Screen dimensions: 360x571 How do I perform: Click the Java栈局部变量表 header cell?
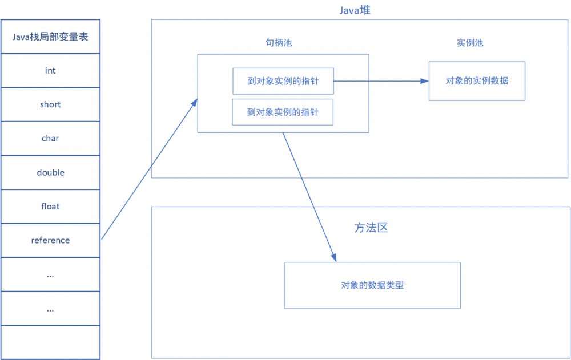pyautogui.click(x=50, y=37)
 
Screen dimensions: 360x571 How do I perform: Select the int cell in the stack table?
pyautogui.click(x=50, y=71)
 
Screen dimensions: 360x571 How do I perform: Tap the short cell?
pyautogui.click(x=50, y=105)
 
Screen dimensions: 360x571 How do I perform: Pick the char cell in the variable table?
pyautogui.click(x=50, y=139)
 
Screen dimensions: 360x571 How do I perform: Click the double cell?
pyautogui.click(x=50, y=173)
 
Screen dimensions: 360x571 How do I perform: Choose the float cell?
pyautogui.click(x=50, y=207)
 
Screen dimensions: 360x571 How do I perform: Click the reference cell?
pyautogui.click(x=50, y=241)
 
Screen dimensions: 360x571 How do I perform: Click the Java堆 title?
pyautogui.click(x=355, y=10)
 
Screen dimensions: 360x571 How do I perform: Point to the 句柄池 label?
pyautogui.click(x=278, y=43)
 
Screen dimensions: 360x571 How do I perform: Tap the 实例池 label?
pyautogui.click(x=470, y=43)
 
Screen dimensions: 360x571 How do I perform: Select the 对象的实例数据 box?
pyautogui.click(x=477, y=81)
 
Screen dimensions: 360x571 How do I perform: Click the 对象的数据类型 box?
pyautogui.click(x=372, y=285)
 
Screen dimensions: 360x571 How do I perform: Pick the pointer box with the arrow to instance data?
pyautogui.click(x=283, y=81)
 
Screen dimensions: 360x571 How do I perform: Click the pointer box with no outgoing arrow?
pyautogui.click(x=283, y=112)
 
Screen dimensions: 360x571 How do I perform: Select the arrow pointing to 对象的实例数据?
pyautogui.click(x=381, y=81)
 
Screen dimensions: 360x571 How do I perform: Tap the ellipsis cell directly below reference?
pyautogui.click(x=50, y=274)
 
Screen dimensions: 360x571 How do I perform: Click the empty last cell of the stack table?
pyautogui.click(x=50, y=342)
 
